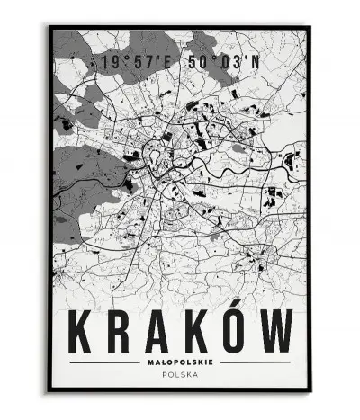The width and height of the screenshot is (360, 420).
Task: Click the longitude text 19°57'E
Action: (138, 63)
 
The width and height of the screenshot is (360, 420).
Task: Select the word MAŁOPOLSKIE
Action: (180, 362)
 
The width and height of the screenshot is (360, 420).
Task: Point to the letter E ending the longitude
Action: (170, 63)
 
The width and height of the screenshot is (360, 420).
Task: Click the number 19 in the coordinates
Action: (112, 63)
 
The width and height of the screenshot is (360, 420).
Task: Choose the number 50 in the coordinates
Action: (192, 63)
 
